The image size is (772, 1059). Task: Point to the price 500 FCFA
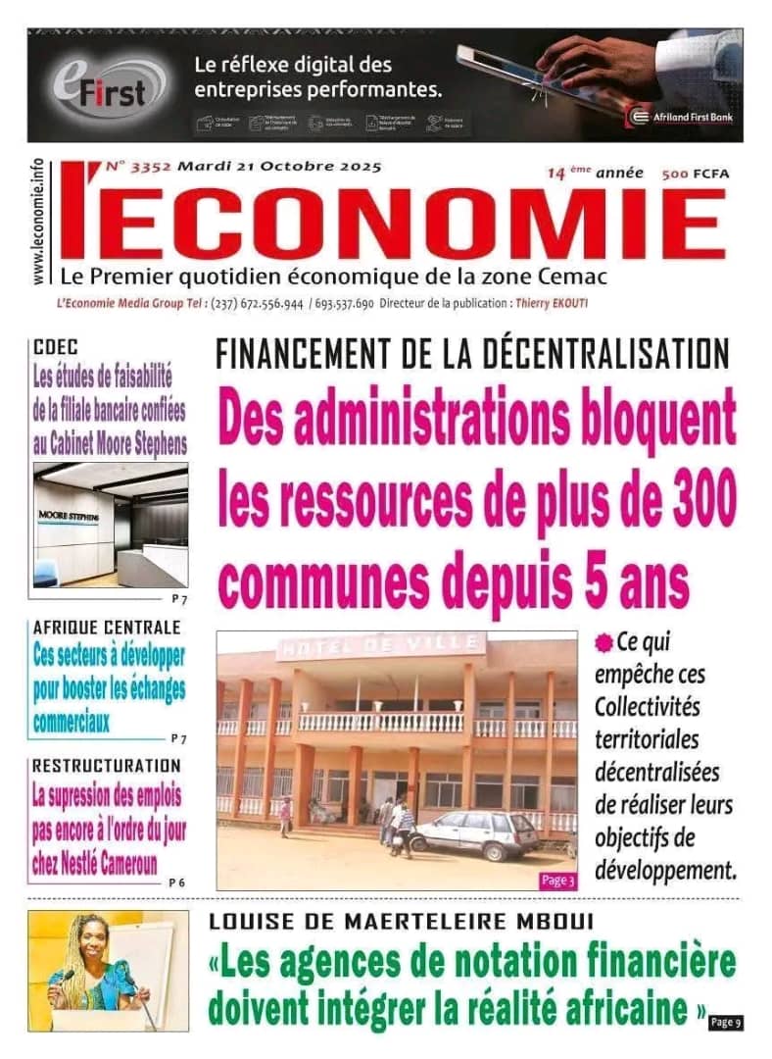696,174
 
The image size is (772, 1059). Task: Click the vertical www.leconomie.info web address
38,224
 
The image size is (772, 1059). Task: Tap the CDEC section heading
55,346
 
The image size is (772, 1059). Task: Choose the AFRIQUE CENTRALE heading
106,627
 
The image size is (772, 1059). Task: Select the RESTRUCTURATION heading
106,765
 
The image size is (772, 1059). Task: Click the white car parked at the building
476,833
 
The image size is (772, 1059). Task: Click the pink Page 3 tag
557,881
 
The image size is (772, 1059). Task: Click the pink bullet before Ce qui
603,643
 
